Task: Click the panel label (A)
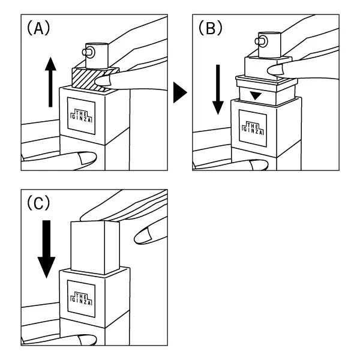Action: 38,28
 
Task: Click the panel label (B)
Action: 211,28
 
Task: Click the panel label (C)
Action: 38,203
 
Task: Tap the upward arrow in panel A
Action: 50,82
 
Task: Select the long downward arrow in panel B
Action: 218,89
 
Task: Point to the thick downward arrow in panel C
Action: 47,249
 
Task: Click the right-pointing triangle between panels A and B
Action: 180,92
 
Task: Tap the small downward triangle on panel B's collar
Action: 256,96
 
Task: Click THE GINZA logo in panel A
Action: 82,116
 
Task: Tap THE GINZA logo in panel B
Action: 253,128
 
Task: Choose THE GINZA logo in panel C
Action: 82,299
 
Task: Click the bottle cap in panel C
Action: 95,247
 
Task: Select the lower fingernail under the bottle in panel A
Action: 87,158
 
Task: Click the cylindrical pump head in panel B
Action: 269,45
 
